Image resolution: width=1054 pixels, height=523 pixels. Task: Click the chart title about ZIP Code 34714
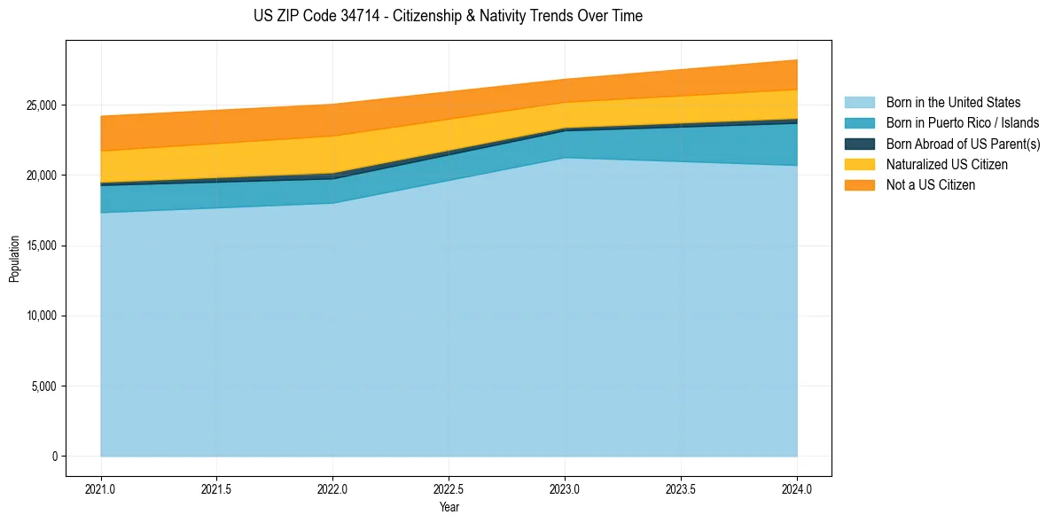(x=448, y=16)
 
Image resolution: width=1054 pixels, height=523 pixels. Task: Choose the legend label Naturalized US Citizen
(x=947, y=165)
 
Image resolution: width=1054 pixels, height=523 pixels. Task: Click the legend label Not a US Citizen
(x=931, y=185)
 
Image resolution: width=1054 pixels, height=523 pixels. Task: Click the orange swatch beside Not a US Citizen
(x=859, y=185)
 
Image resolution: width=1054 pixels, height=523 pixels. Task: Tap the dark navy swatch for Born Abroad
(x=859, y=144)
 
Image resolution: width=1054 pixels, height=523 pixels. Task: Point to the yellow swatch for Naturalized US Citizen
(x=859, y=165)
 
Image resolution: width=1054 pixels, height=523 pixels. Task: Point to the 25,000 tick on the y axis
(x=42, y=105)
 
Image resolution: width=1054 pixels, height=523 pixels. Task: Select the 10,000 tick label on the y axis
(x=42, y=316)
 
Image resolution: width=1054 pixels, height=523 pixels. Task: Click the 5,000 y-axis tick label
(x=44, y=386)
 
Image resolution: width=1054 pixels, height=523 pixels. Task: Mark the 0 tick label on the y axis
(x=53, y=457)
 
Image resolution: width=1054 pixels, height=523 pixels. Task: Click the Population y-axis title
(x=14, y=259)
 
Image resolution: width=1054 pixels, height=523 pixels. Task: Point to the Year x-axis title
(x=449, y=507)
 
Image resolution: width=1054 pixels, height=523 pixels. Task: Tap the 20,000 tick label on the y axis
(x=42, y=176)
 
